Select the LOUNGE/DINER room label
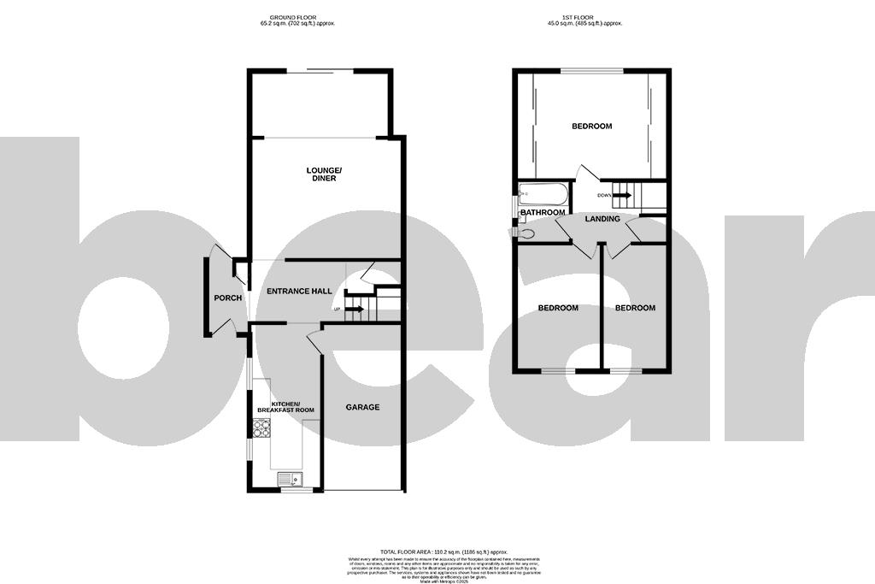[324, 174]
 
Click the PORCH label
[228, 298]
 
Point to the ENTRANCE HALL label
[299, 292]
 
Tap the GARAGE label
[362, 407]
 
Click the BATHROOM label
[543, 212]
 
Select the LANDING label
[602, 220]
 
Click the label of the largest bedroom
[591, 127]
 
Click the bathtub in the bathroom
[542, 192]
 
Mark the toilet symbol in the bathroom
[525, 232]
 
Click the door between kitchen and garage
[313, 340]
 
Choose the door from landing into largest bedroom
[586, 173]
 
